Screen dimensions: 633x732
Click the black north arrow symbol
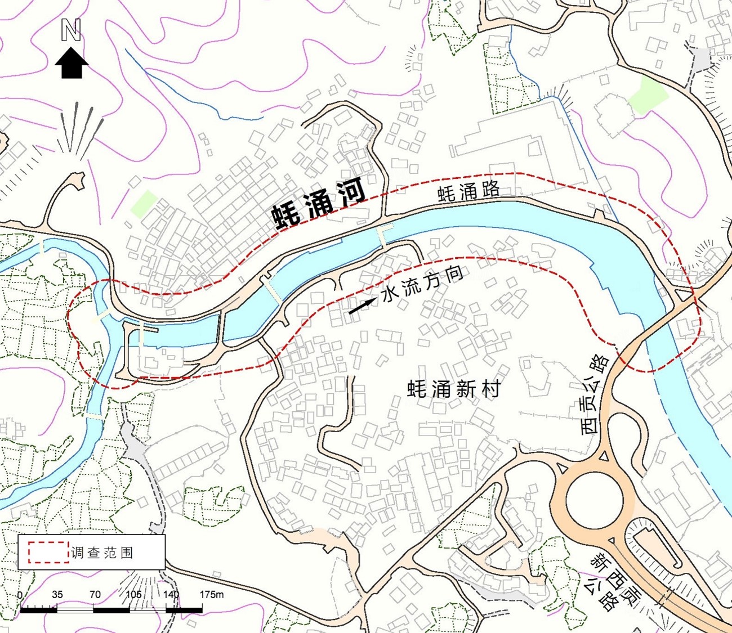click(x=72, y=62)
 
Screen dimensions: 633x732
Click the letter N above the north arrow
click(x=71, y=30)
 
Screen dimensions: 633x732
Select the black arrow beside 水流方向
click(x=361, y=306)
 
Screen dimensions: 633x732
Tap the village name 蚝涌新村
click(x=453, y=388)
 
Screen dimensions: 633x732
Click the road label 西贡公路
click(x=595, y=394)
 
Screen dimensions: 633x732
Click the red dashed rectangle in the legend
click(x=48, y=553)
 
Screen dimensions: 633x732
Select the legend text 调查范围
click(x=102, y=553)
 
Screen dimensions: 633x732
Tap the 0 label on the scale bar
click(x=20, y=595)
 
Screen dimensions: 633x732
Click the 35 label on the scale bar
click(x=57, y=595)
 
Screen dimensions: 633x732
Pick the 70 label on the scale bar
click(x=95, y=595)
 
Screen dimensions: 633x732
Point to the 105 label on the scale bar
click(x=133, y=595)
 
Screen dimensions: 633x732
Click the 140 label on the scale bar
click(x=171, y=595)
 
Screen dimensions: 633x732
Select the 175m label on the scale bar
click(x=212, y=595)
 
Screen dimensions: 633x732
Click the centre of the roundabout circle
click(x=594, y=499)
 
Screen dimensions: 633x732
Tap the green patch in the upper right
click(x=648, y=95)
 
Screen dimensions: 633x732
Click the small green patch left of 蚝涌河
click(x=144, y=203)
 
